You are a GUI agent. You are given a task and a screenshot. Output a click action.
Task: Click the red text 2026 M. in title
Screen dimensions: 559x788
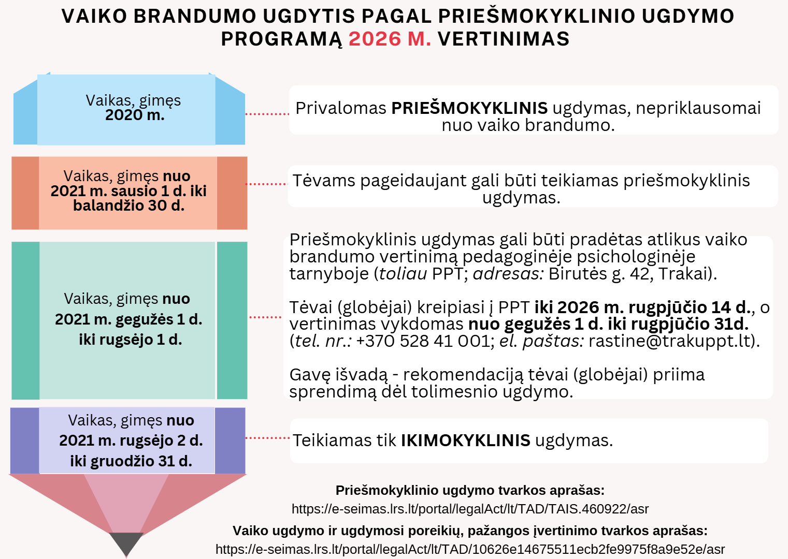coord(390,39)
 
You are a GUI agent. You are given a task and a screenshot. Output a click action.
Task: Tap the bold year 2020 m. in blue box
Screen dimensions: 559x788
coord(135,115)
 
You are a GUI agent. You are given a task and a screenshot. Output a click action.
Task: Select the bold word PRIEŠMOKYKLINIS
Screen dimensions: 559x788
coord(469,108)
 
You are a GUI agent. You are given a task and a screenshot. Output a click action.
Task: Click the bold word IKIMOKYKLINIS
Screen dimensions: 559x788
coord(465,440)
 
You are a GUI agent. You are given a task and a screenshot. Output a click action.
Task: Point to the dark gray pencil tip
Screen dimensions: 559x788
coord(126,543)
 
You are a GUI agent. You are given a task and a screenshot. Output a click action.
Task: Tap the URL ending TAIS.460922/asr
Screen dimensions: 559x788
coord(470,509)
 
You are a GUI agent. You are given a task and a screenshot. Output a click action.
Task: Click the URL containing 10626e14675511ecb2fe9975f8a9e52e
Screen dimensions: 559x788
coord(470,549)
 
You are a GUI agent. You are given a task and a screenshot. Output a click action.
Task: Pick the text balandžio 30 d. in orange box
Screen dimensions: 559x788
coord(128,205)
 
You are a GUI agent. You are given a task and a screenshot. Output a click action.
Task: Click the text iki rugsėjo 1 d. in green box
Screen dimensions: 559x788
coord(130,340)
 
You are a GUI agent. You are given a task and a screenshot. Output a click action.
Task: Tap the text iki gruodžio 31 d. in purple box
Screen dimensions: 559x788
coord(131,461)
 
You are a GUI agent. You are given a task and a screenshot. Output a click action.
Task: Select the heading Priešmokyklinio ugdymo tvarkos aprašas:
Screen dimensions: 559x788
coord(470,490)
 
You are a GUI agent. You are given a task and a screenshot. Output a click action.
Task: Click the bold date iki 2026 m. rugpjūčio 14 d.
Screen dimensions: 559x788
coord(642,307)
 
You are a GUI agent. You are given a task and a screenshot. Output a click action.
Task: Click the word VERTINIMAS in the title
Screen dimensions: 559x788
coord(504,39)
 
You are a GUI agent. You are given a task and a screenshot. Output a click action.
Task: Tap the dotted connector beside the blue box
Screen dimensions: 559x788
coord(267,113)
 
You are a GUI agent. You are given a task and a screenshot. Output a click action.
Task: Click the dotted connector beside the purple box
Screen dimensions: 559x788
coord(267,438)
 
